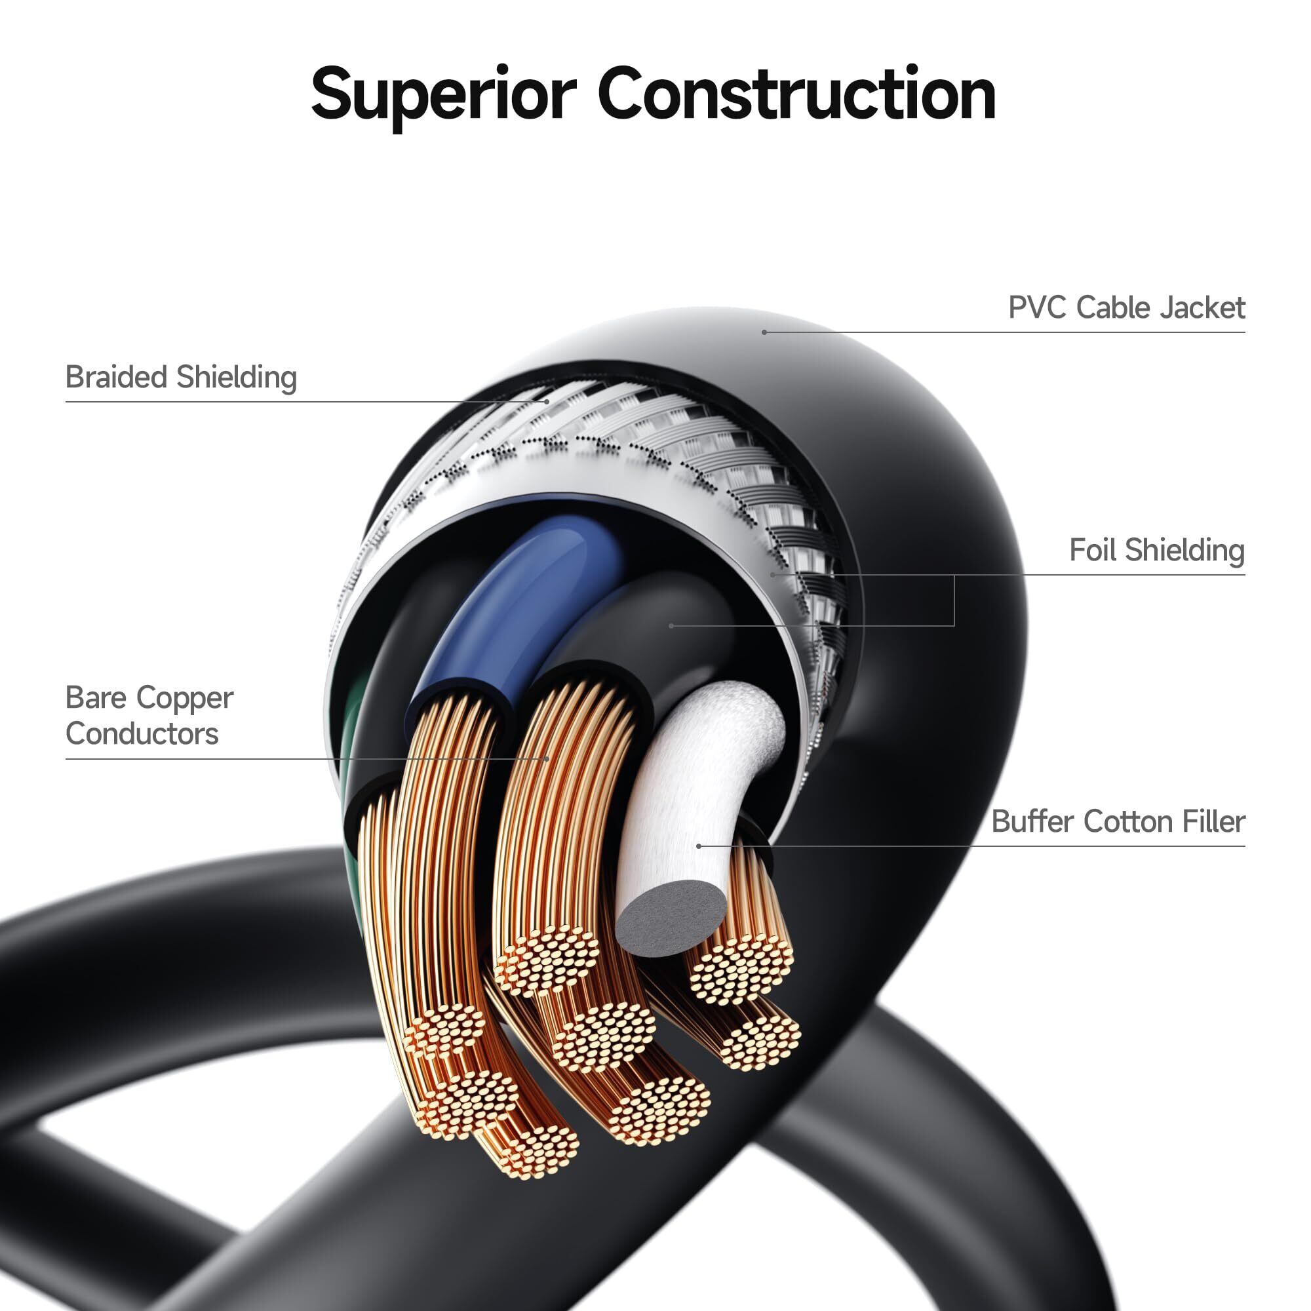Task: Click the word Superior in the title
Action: coord(444,95)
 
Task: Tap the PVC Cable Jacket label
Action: coord(1126,307)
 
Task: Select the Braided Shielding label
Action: coord(181,378)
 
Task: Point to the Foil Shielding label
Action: coord(1157,550)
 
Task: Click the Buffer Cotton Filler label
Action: coord(1118,821)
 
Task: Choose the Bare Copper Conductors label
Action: coord(149,715)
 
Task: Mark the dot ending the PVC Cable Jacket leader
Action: coord(764,332)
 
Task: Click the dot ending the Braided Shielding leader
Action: coord(547,402)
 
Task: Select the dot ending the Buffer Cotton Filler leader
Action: coord(699,846)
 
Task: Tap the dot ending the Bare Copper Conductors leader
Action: coord(547,758)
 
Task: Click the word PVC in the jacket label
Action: coord(1038,307)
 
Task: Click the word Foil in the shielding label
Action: coord(1093,550)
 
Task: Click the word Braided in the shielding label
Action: coord(117,377)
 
